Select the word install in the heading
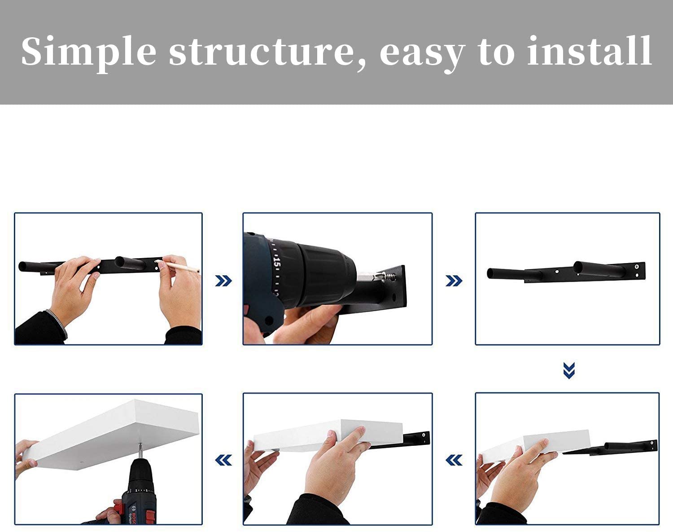590,51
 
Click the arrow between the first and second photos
223,281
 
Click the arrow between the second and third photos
454,281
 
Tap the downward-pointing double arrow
569,370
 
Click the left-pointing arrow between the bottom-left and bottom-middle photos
223,460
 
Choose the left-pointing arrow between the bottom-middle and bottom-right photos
454,460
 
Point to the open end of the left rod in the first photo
23,267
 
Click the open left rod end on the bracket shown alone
490,273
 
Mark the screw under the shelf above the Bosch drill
140,448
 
